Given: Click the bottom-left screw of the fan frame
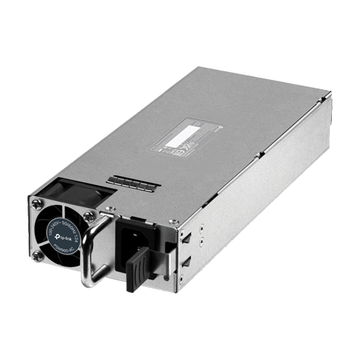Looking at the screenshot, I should tap(37, 253).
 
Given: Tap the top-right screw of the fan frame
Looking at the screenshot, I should tap(89, 215).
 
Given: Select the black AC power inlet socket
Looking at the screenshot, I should tap(132, 238).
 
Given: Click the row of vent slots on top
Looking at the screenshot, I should tap(132, 183).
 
